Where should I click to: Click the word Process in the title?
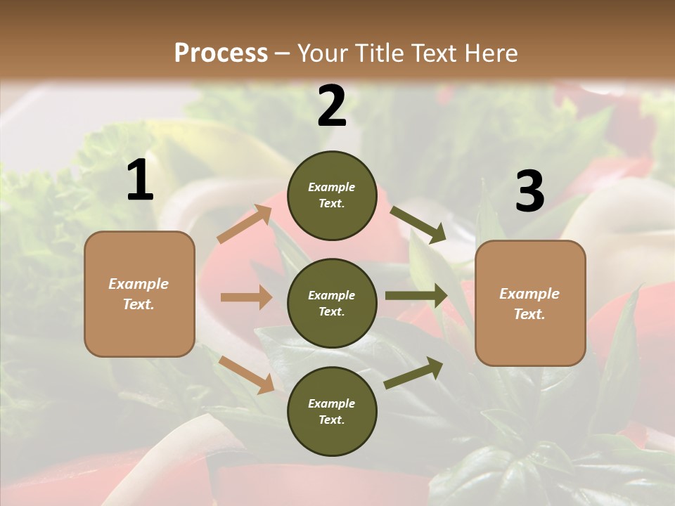click(221, 53)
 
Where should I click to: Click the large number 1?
click(140, 181)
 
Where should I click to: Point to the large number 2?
click(332, 106)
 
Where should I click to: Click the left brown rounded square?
click(139, 294)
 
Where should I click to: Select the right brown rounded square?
click(530, 303)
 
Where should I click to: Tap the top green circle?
click(332, 195)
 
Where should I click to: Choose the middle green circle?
click(332, 303)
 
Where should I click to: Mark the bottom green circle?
click(332, 411)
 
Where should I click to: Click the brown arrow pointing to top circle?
click(245, 224)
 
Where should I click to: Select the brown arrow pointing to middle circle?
click(245, 297)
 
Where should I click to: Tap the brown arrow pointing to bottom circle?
click(246, 375)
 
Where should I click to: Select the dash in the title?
click(282, 53)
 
